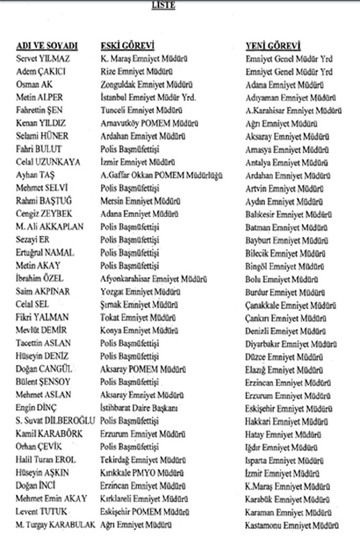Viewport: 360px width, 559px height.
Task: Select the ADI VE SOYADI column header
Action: point(47,45)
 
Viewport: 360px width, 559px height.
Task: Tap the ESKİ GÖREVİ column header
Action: point(127,45)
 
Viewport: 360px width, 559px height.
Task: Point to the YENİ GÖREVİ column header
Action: point(273,45)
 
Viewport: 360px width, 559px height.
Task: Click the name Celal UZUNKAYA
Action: point(48,162)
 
